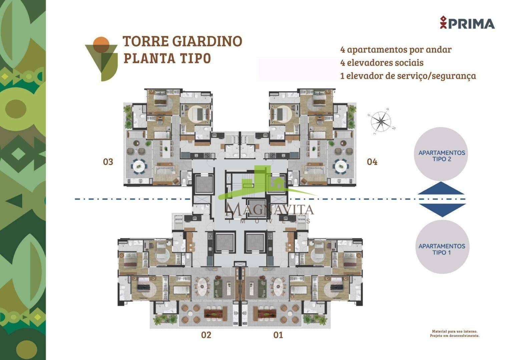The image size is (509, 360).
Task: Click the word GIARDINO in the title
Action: (207, 41)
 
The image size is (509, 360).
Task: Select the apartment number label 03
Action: (108, 162)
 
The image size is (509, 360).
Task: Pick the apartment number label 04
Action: (372, 162)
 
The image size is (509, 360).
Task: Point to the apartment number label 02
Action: (206, 335)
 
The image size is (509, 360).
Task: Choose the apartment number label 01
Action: (278, 335)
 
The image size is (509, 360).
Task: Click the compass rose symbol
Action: (381, 122)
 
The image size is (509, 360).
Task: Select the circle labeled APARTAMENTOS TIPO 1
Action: (442, 247)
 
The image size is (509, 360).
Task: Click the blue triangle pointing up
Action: (441, 188)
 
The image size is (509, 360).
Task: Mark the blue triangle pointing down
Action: (442, 210)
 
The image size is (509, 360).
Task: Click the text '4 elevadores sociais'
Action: (382, 62)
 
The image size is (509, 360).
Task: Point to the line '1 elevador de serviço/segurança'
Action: (408, 76)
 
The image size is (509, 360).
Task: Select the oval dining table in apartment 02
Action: (202, 288)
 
